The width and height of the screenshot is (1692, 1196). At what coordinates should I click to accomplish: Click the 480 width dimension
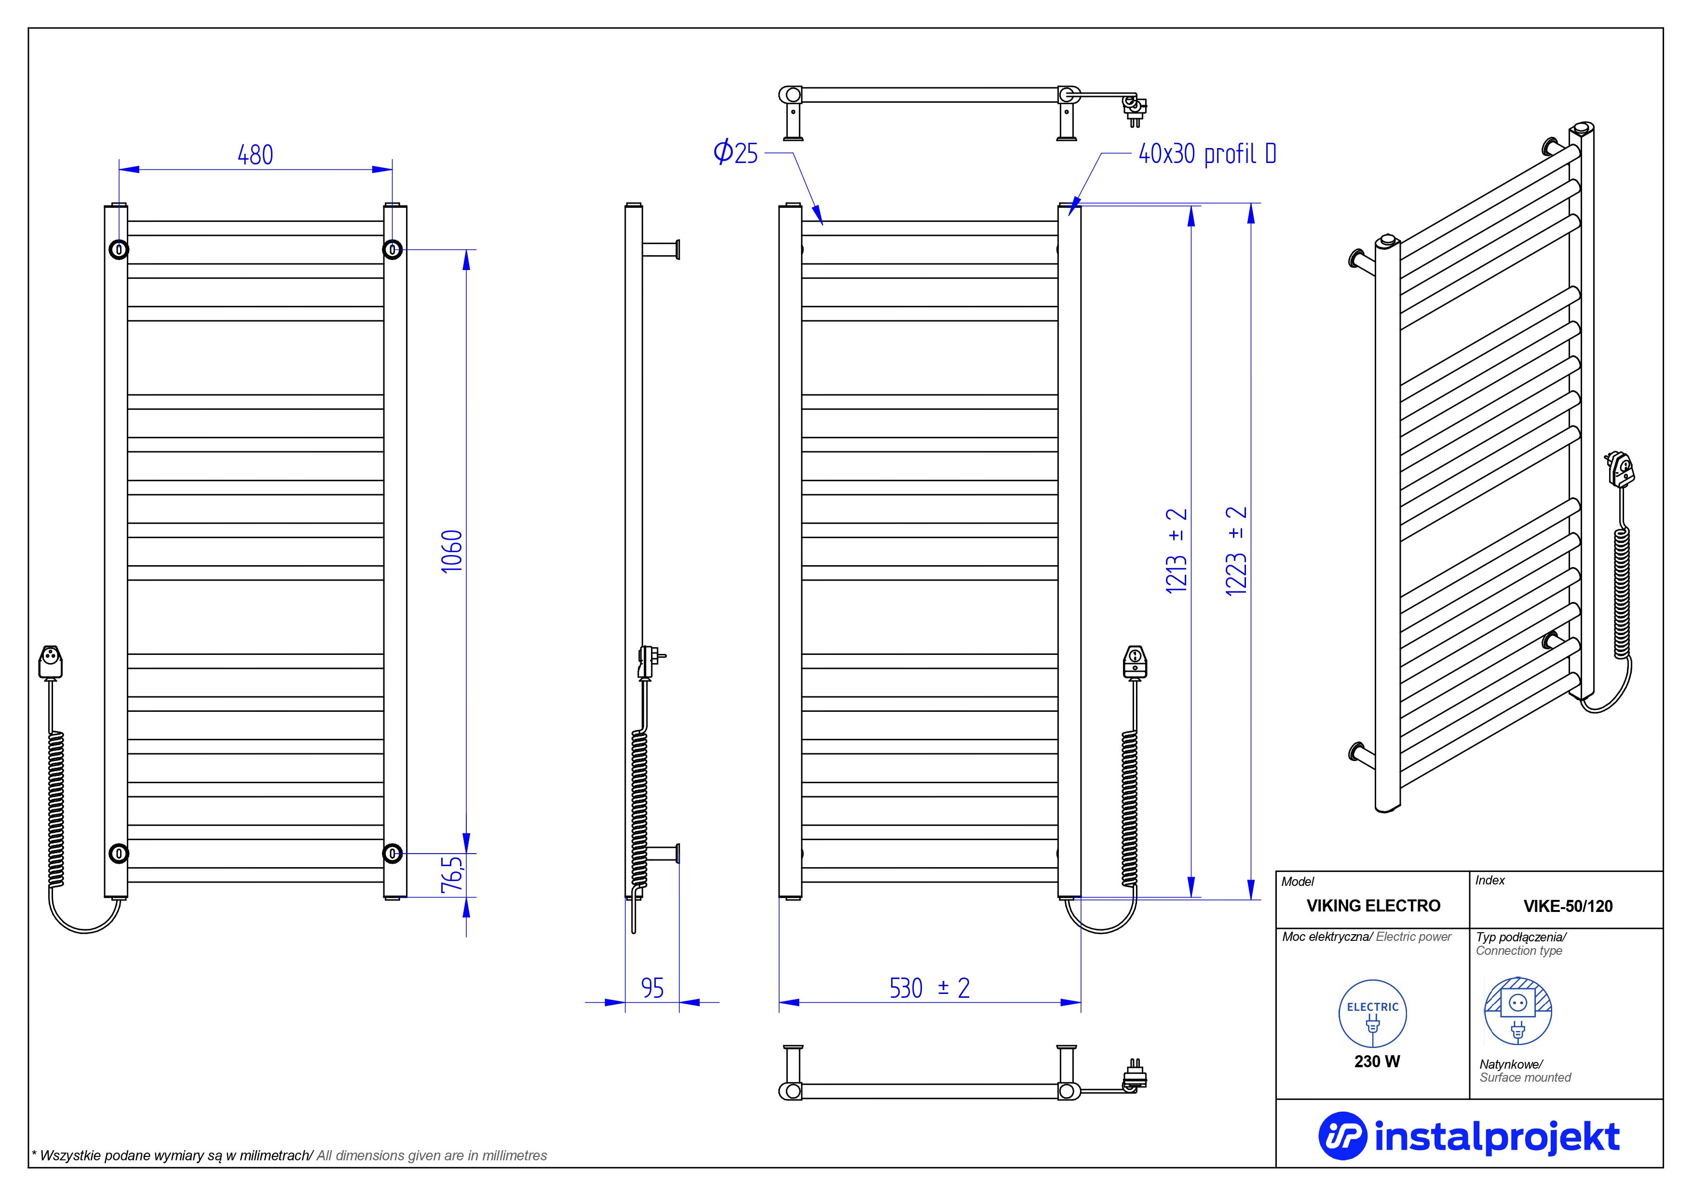(x=255, y=155)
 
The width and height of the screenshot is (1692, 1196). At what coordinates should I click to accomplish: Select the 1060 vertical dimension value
(x=451, y=551)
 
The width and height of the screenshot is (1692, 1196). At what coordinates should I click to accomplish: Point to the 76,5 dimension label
(x=452, y=875)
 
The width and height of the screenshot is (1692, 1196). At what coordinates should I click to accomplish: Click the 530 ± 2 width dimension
(x=929, y=988)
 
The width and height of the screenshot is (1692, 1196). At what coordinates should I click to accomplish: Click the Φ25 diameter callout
(x=735, y=152)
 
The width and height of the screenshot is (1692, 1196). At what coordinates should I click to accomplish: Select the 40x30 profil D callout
(x=1207, y=154)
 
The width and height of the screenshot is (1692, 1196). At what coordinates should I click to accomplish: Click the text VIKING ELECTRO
(x=1373, y=906)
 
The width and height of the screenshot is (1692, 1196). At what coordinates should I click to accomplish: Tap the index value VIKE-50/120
(x=1568, y=906)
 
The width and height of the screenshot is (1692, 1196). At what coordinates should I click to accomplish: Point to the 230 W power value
(x=1377, y=1061)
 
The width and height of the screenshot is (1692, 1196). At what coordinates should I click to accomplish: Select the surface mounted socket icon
(x=1517, y=1010)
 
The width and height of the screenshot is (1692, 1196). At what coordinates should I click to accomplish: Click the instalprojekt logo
(x=1469, y=1136)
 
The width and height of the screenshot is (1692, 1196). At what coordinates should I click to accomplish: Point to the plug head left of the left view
(x=50, y=661)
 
